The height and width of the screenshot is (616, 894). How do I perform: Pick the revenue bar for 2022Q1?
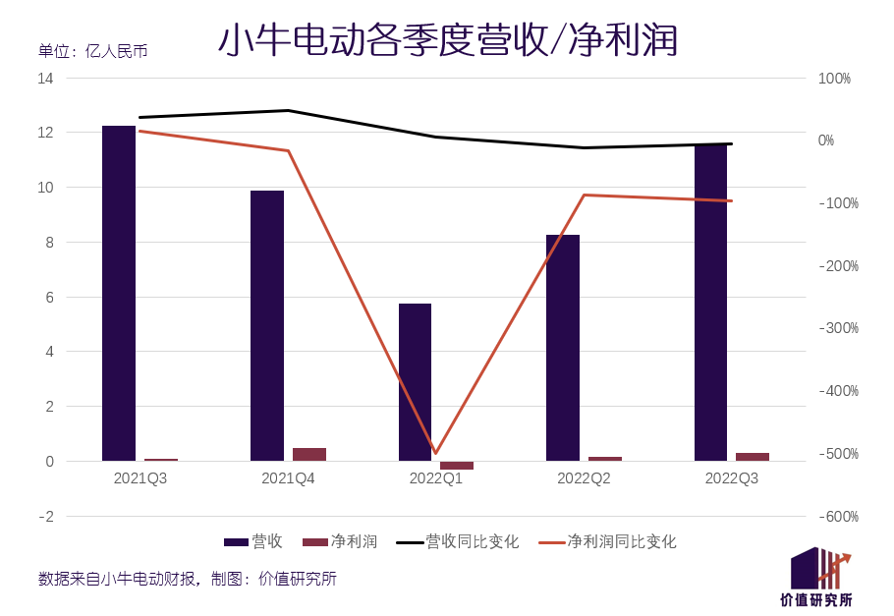pyautogui.click(x=415, y=382)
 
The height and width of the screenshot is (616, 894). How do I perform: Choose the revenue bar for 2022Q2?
pyautogui.click(x=563, y=348)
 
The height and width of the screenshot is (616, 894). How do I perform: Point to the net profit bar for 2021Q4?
pyautogui.click(x=309, y=454)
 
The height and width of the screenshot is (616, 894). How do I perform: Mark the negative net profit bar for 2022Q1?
pyautogui.click(x=457, y=465)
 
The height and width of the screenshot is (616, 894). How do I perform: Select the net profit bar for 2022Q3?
pyautogui.click(x=753, y=456)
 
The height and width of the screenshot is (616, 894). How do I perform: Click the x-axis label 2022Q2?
pyautogui.click(x=584, y=478)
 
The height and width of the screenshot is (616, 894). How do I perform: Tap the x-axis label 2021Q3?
pyautogui.click(x=140, y=478)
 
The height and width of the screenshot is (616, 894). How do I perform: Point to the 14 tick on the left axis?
pyautogui.click(x=45, y=78)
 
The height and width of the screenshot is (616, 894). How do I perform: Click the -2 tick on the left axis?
pyautogui.click(x=46, y=516)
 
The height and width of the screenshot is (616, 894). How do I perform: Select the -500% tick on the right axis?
pyautogui.click(x=838, y=454)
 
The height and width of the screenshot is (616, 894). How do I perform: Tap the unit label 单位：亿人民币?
pyautogui.click(x=92, y=51)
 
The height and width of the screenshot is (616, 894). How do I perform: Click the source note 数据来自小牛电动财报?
pyautogui.click(x=118, y=579)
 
